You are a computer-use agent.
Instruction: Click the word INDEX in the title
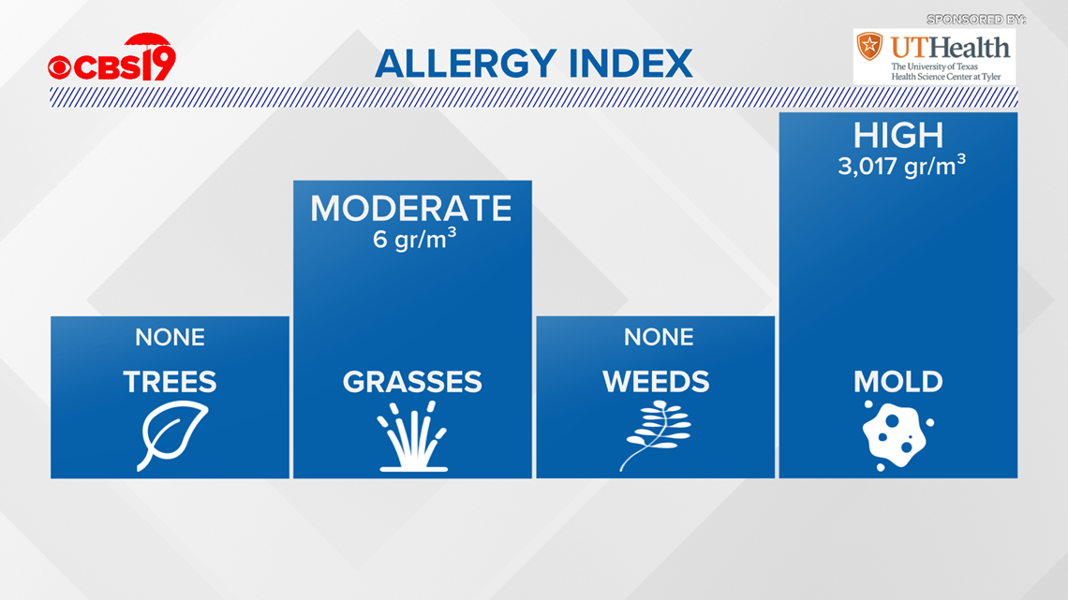pos(630,64)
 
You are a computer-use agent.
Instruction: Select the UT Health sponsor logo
pos(934,56)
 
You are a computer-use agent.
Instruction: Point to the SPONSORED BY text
pos(976,20)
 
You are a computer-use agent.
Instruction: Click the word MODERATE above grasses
pos(411,208)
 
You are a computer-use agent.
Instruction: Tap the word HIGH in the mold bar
pos(898,136)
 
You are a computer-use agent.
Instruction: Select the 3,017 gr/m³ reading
pos(902,166)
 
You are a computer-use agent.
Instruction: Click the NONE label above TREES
pos(170,337)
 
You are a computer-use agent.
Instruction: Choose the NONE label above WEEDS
pos(659,337)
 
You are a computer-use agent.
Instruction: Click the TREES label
pos(170,382)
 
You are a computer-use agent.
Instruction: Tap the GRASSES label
pos(412,382)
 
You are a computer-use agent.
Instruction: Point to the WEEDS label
pos(656,382)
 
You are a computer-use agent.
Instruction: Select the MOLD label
pos(898,382)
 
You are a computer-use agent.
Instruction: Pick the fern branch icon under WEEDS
pos(655,435)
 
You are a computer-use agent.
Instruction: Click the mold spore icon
pos(897,436)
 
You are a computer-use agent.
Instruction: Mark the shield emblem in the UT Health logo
pos(869,46)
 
